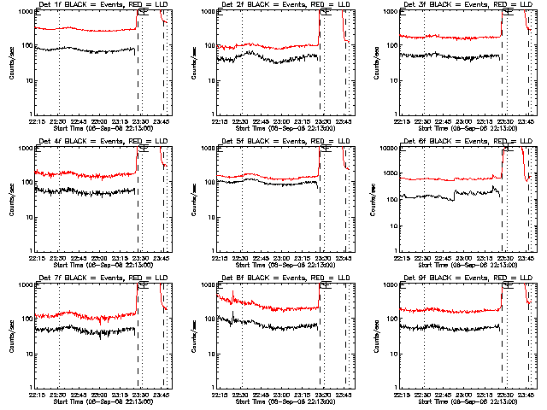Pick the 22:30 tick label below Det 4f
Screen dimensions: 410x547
pos(58,257)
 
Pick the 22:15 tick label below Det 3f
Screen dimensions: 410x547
pos(405,120)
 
